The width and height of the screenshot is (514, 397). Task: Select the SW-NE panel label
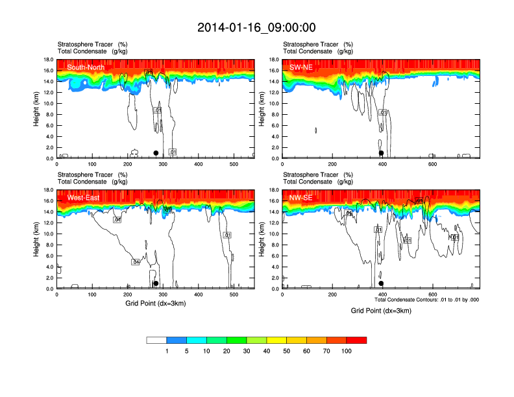(x=299, y=67)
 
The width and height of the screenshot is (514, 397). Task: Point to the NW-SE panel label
(x=300, y=197)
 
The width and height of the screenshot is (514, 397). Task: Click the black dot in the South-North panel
(x=156, y=153)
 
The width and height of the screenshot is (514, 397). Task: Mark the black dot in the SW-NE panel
(x=382, y=153)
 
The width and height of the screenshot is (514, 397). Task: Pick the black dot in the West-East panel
(x=156, y=283)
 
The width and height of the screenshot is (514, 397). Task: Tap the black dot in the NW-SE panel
(x=382, y=283)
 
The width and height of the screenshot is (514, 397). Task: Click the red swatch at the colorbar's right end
(x=356, y=340)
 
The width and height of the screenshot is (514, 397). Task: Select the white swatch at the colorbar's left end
(x=156, y=340)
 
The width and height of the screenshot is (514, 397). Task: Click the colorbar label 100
(x=347, y=351)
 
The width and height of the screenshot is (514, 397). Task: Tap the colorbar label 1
(x=167, y=351)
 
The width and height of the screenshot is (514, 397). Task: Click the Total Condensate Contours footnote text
(x=427, y=300)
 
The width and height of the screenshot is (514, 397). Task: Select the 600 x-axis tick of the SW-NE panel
(x=432, y=165)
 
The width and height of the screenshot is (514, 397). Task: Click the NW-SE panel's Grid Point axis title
(x=382, y=311)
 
